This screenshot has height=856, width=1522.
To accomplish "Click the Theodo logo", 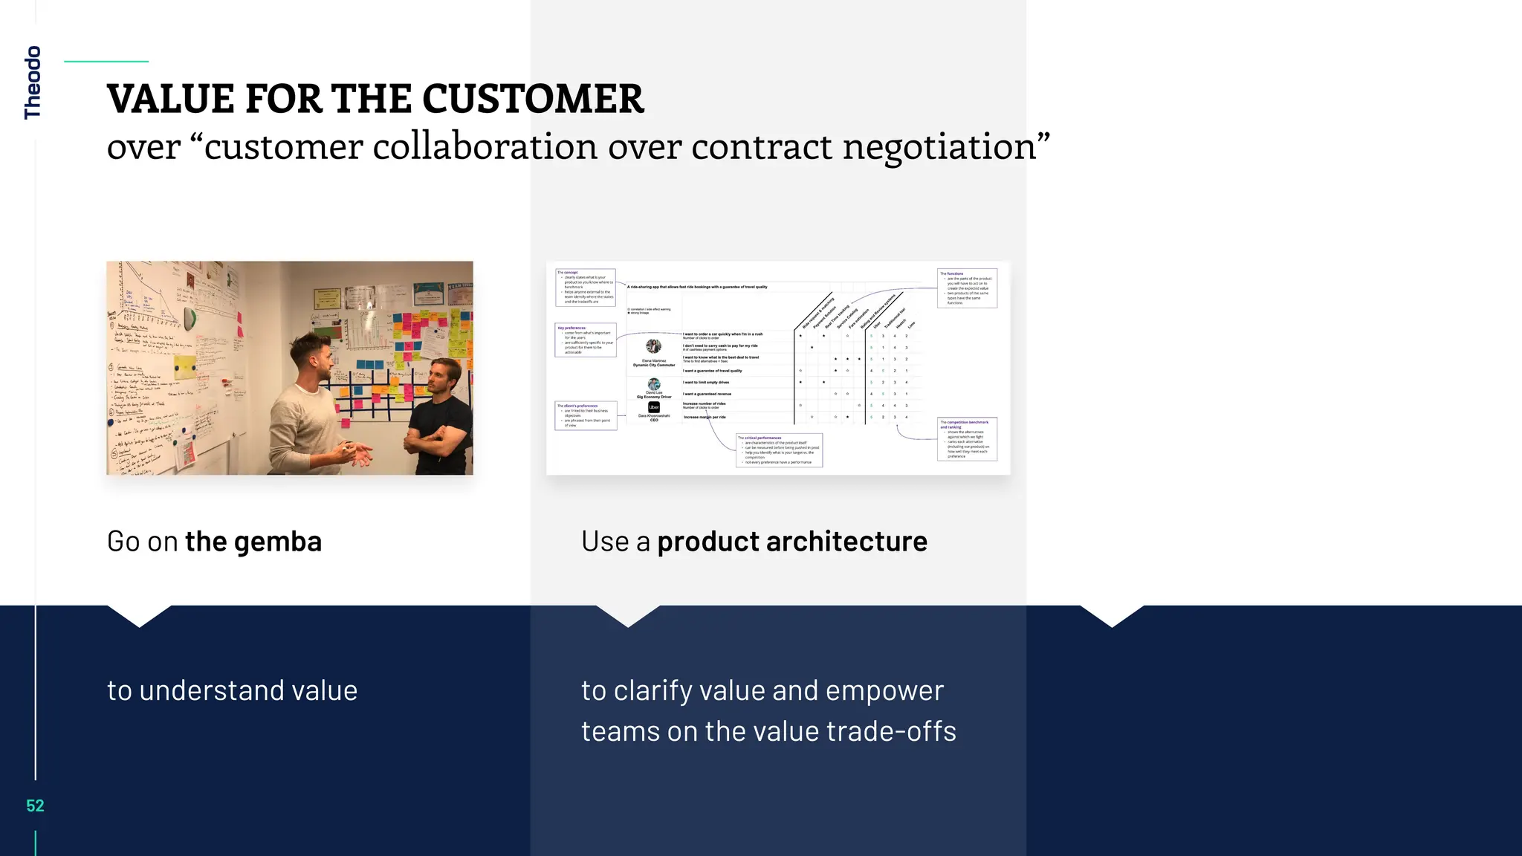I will pyautogui.click(x=32, y=82).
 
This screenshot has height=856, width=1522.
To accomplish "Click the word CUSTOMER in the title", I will pyautogui.click(x=532, y=99).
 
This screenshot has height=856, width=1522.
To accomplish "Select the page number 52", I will pyautogui.click(x=35, y=806).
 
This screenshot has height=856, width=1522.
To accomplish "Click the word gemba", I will pyautogui.click(x=278, y=542).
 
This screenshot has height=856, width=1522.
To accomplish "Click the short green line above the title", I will pyautogui.click(x=106, y=62).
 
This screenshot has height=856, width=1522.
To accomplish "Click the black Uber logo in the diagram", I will pyautogui.click(x=654, y=407).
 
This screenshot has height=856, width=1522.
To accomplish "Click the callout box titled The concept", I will pyautogui.click(x=586, y=288).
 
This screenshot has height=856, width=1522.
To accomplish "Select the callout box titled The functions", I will pyautogui.click(x=967, y=288).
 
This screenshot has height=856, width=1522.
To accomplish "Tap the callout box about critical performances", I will pyautogui.click(x=779, y=450).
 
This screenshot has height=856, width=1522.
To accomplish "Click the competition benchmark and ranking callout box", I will pyautogui.click(x=967, y=439).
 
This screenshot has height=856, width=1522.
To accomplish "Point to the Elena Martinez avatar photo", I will pyautogui.click(x=654, y=346).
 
